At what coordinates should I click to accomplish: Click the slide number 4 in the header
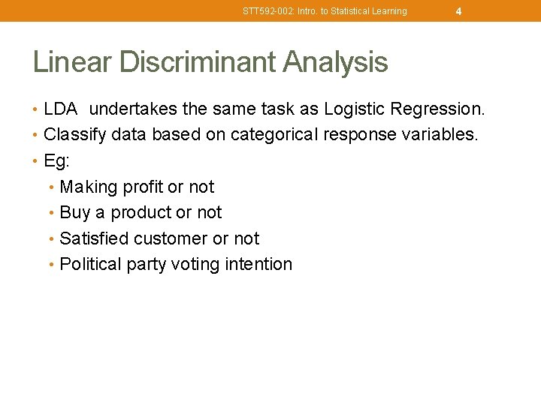pos(458,11)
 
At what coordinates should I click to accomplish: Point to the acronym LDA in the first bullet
pos(61,109)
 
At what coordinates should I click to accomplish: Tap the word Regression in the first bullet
pos(438,109)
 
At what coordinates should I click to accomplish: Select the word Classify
pos(74,135)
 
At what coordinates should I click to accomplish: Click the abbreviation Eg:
pos(56,161)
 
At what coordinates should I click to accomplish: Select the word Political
pos(89,264)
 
